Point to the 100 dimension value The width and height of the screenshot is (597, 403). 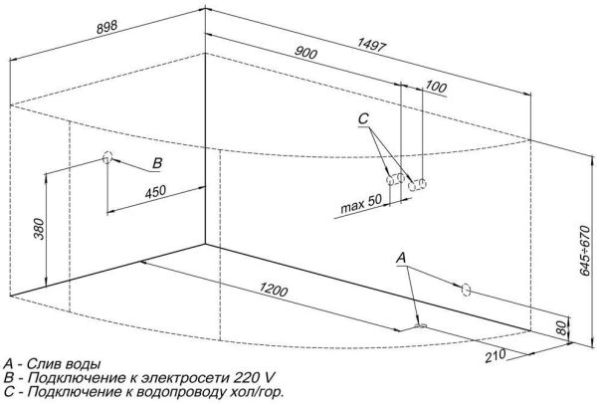(x=435, y=87)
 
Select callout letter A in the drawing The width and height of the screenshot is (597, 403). (x=401, y=258)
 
